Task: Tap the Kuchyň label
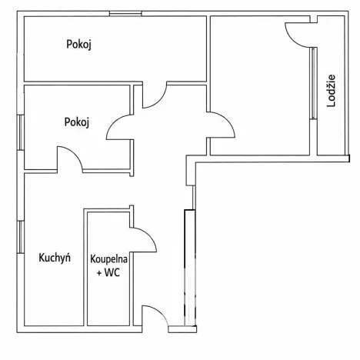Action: click(55, 258)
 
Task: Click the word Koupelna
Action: click(108, 259)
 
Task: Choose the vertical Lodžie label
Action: click(332, 91)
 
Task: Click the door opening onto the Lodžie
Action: click(297, 32)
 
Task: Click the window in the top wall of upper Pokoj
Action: click(124, 15)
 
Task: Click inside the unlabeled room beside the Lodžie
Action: click(258, 92)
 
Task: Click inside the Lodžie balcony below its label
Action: click(332, 135)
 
